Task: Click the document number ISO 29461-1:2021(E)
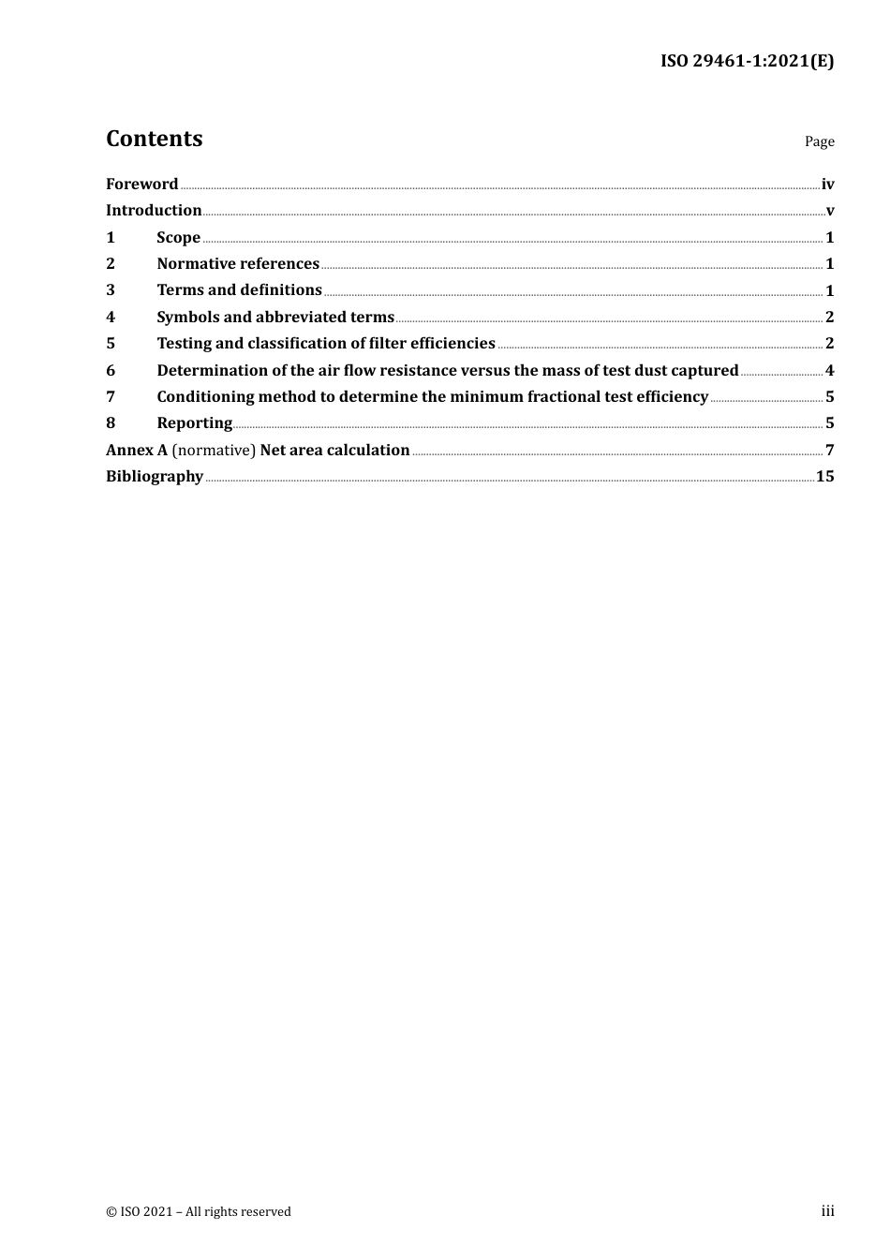[747, 61]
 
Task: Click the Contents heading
[154, 139]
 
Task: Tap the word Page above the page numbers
[819, 141]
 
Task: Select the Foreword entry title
[141, 184]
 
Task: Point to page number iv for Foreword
[827, 185]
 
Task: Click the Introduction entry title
[154, 210]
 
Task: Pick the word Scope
[178, 237]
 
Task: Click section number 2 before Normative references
[111, 264]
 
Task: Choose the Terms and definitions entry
[239, 290]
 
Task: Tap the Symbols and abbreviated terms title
[275, 317]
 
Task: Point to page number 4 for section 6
[829, 370]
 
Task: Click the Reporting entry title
[194, 423]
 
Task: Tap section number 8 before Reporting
[111, 423]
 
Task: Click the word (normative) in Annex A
[214, 451]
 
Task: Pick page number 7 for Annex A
[829, 451]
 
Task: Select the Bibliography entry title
[155, 477]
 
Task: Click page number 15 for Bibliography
[824, 477]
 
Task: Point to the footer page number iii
[827, 1211]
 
